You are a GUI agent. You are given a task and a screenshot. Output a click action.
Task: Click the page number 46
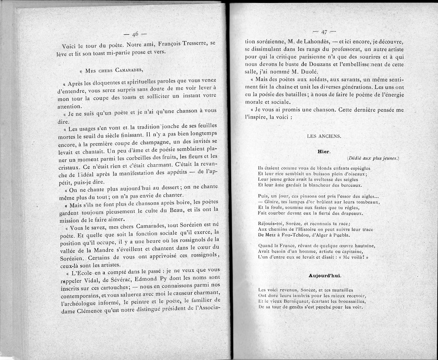coord(135,34)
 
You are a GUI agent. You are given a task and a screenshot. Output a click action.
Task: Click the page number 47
coord(324,31)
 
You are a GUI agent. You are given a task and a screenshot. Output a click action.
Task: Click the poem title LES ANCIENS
coord(324,136)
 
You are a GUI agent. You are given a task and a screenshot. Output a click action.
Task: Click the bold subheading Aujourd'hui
coord(323,275)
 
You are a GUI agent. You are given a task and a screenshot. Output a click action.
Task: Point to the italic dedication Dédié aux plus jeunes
coord(373,158)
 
